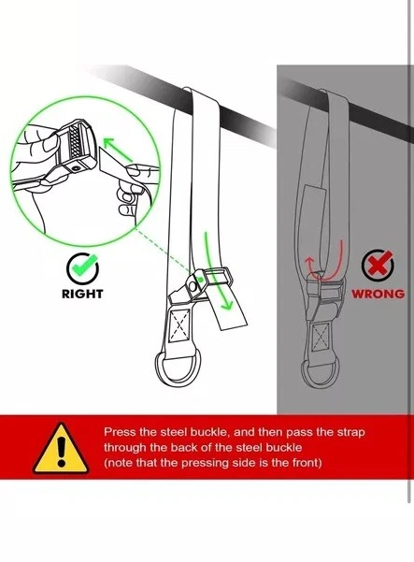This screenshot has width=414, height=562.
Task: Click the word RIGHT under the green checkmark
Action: pos(82,294)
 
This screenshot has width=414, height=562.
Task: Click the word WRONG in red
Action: pos(378,294)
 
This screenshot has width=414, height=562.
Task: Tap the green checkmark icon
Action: pos(83,267)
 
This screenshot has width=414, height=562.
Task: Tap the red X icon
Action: pos(378,265)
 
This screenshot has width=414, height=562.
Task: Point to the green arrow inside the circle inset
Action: pos(118,151)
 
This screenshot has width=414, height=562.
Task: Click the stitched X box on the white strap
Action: pos(179,324)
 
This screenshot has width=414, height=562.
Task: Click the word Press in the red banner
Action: pos(120,432)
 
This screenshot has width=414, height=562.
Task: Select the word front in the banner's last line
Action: pos(307,463)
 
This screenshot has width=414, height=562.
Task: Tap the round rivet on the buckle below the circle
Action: pos(193,286)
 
